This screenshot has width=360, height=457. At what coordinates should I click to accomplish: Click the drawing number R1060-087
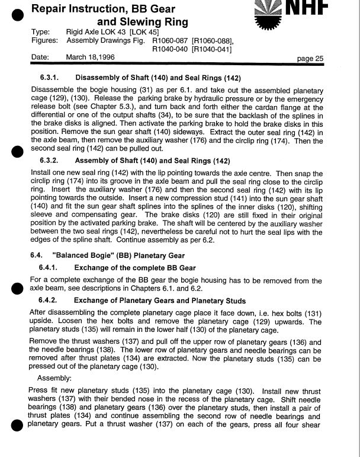(x=171, y=40)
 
